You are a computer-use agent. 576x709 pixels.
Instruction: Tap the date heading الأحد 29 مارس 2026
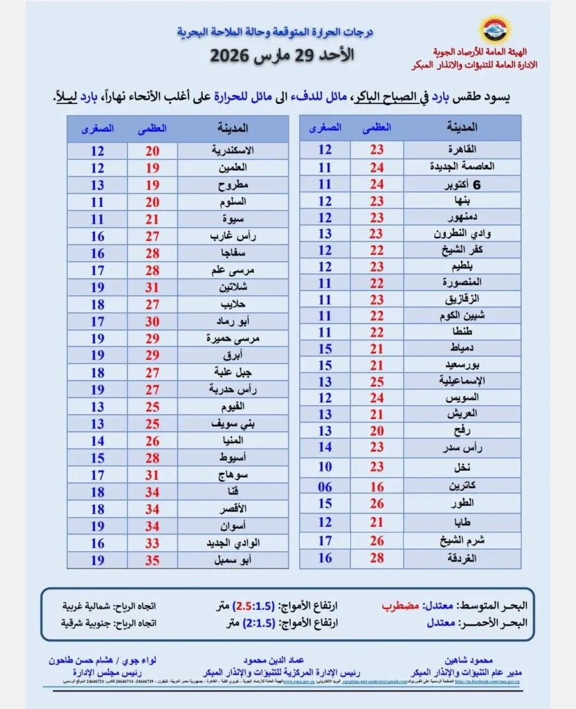(282, 55)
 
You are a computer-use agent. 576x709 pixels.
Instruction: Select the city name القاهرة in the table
(463, 150)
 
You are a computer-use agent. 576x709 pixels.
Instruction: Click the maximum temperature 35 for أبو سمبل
(152, 559)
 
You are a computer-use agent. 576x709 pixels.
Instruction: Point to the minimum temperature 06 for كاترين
(325, 487)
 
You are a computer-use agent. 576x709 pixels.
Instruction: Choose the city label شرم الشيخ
(463, 541)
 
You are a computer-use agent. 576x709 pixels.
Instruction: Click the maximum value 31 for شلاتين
(152, 287)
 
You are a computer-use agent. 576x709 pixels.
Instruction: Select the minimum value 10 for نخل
(325, 467)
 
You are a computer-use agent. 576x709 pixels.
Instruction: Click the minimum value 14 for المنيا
(98, 440)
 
